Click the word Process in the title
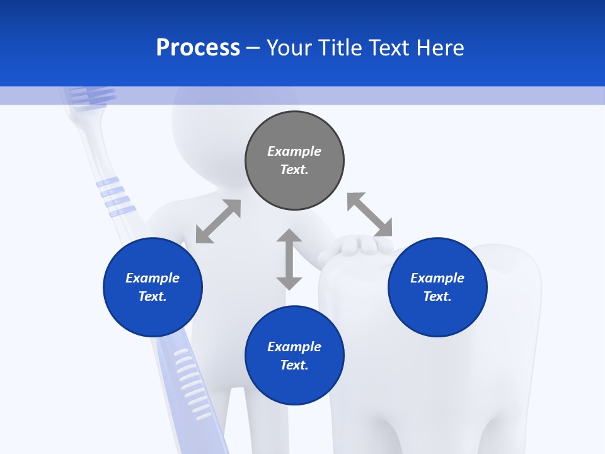[x=198, y=48]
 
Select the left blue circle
[x=153, y=315]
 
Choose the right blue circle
[x=437, y=315]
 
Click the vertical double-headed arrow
[x=289, y=259]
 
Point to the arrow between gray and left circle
[x=218, y=221]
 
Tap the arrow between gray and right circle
[x=370, y=214]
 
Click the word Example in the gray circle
[x=294, y=151]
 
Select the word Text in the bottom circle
[x=293, y=365]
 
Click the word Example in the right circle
[x=437, y=278]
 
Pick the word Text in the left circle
[x=152, y=296]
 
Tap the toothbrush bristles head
[x=92, y=95]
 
